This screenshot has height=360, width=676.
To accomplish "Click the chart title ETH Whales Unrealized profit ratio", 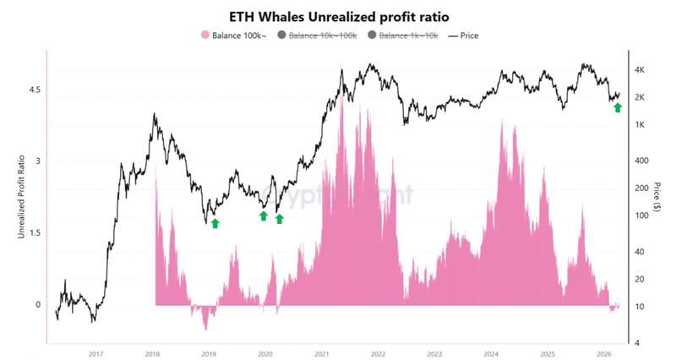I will [x=338, y=17].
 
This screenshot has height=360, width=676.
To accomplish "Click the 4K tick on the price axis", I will [x=640, y=69].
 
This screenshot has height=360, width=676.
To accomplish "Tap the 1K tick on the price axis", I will [x=640, y=124].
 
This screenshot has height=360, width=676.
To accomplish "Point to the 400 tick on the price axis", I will [x=640, y=161].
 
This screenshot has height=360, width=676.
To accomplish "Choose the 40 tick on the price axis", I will [x=640, y=252].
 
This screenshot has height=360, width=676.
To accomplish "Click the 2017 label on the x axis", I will [x=95, y=354].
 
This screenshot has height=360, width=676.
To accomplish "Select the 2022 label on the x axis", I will [x=378, y=354].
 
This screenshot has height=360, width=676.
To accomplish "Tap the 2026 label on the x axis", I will [x=603, y=354].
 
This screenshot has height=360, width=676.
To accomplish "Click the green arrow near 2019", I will [x=215, y=223].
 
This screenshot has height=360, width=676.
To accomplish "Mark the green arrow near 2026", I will [x=617, y=107].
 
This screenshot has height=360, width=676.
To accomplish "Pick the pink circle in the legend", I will [x=204, y=35].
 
